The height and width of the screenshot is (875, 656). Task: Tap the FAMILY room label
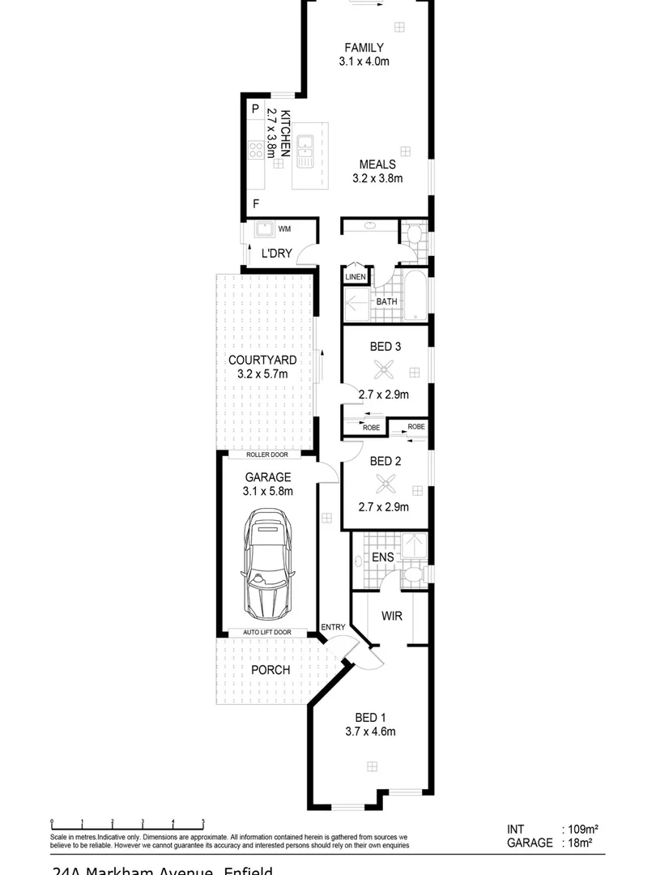(364, 47)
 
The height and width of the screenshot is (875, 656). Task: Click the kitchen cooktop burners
(257, 149)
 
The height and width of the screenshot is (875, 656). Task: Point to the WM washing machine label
(284, 229)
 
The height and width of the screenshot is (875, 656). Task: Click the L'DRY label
(276, 253)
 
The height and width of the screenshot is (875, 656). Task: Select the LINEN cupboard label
(356, 277)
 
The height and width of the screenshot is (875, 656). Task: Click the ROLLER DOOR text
(263, 455)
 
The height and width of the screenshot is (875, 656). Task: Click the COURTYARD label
(262, 360)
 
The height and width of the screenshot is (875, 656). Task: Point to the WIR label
(391, 616)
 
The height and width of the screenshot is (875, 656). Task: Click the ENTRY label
(333, 627)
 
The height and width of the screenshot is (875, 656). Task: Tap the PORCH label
(270, 670)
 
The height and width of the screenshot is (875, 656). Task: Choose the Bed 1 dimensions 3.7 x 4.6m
(370, 732)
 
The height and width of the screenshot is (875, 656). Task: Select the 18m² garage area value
(577, 843)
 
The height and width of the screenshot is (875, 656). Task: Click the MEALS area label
(377, 164)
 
